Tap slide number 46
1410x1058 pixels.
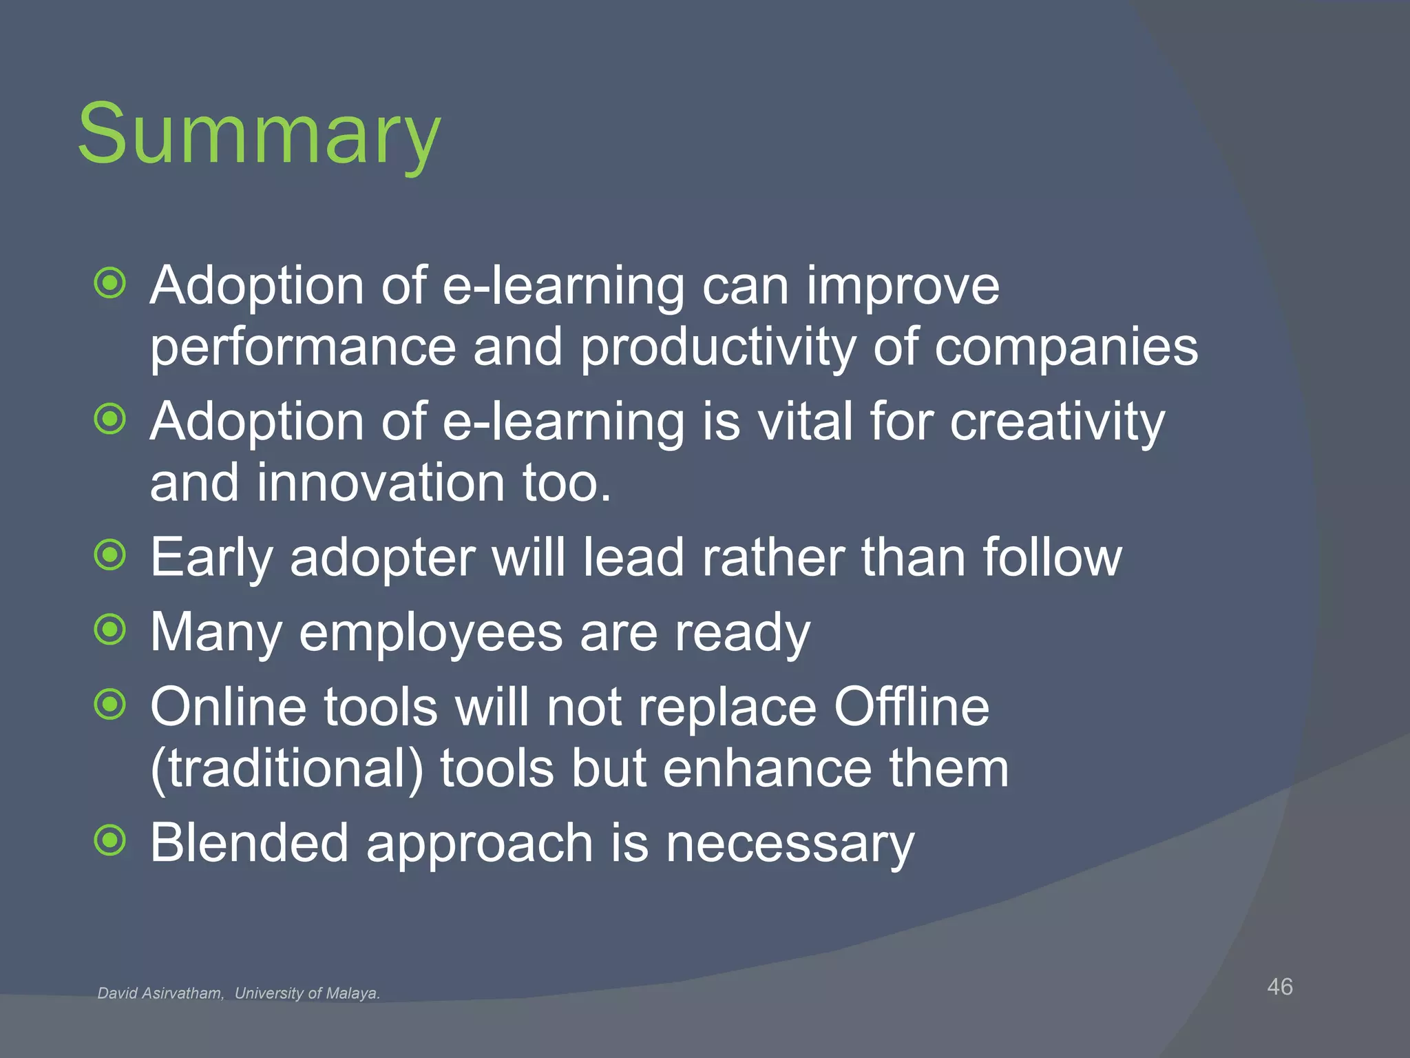(1280, 986)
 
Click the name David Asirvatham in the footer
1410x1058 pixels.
(160, 993)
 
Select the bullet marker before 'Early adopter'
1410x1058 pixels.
(110, 555)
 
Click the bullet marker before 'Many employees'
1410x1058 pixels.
(110, 630)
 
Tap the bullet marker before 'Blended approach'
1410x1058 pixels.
(110, 841)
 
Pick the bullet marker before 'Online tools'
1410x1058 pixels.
(110, 705)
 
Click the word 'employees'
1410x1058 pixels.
(430, 633)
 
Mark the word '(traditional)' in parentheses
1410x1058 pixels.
(286, 769)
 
